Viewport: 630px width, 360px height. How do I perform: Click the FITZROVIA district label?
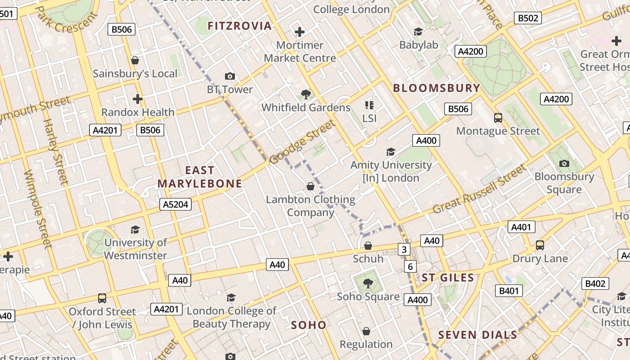239,26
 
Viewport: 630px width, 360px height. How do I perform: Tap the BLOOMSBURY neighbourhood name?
436,88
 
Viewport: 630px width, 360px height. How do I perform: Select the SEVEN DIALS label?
477,335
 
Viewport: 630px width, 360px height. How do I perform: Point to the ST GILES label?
448,278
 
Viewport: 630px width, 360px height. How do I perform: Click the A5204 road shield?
175,205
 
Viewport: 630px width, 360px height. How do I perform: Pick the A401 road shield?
521,227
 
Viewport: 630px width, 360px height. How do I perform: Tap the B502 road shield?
528,18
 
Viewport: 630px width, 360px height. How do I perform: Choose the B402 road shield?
595,283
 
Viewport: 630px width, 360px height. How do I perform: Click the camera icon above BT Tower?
230,76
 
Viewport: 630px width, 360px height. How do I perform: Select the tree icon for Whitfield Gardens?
306,94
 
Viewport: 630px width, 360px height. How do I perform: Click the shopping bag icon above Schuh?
368,246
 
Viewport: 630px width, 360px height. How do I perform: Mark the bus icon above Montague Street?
498,118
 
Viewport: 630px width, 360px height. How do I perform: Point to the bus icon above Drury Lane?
540,245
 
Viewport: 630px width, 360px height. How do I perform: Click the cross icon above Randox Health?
138,99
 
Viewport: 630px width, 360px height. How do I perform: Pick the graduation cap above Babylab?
418,31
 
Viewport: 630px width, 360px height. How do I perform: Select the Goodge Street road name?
302,142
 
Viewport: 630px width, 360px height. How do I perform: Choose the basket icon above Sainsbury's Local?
135,60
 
